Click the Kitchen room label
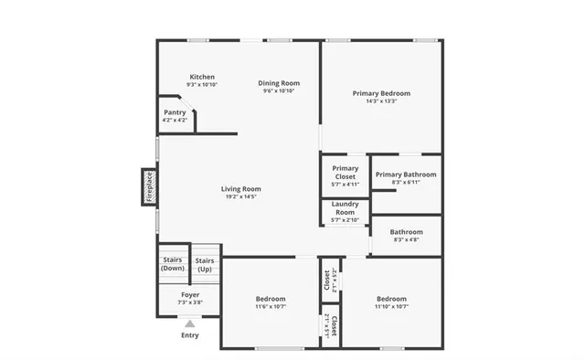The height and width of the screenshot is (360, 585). click(x=202, y=77)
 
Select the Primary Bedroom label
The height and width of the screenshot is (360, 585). click(x=381, y=93)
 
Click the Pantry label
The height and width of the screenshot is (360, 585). click(x=175, y=112)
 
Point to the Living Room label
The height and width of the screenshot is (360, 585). click(x=240, y=189)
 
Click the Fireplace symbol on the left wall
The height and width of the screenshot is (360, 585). click(x=149, y=186)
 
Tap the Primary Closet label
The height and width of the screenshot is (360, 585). click(x=345, y=172)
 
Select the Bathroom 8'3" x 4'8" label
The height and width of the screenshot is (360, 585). click(x=407, y=232)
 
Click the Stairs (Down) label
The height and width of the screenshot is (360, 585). click(x=173, y=264)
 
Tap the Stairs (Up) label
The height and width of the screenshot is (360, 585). click(x=205, y=264)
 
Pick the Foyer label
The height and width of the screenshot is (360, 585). click(x=190, y=295)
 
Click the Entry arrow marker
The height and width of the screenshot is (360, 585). click(x=190, y=323)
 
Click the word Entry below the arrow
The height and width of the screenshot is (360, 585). click(x=190, y=335)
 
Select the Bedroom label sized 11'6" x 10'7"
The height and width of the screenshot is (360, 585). click(x=271, y=299)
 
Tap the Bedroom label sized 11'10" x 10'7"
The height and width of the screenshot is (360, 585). click(x=391, y=299)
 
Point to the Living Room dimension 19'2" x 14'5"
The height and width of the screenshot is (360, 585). click(x=240, y=197)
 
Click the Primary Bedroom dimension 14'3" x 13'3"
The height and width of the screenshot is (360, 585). click(x=381, y=101)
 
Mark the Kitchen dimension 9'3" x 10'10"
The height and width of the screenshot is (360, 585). click(x=202, y=85)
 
